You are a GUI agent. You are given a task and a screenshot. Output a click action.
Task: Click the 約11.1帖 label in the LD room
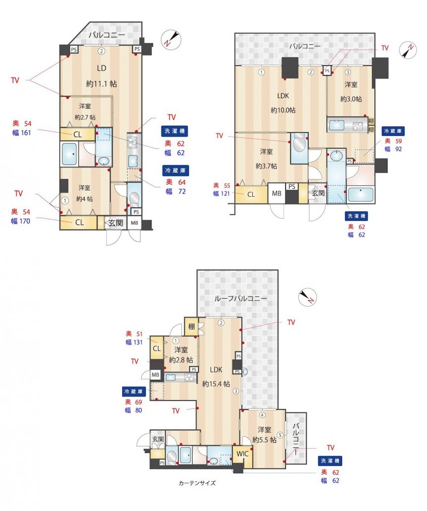101,84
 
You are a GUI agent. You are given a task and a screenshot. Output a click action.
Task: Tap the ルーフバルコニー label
240,298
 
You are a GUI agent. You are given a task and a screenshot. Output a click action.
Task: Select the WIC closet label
242,454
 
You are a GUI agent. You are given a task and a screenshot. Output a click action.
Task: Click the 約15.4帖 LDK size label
216,384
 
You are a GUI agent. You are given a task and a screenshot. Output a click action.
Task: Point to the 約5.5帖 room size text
264,439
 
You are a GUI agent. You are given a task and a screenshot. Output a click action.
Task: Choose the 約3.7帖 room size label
266,166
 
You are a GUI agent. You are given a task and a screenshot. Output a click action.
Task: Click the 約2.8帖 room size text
181,360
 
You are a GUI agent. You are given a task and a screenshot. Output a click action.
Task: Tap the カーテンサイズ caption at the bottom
197,483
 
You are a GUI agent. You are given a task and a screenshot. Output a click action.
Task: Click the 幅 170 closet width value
20,221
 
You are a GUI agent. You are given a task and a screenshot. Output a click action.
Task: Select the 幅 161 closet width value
21,133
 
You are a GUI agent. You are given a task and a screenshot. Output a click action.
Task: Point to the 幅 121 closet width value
221,193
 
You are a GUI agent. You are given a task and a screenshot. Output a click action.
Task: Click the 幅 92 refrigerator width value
393,149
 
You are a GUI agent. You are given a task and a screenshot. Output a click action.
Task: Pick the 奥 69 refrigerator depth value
134,402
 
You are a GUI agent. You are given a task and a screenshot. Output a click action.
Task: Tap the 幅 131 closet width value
134,342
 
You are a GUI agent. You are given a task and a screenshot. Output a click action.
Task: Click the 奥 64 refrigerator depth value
175,182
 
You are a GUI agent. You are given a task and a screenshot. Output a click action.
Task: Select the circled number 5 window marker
280,435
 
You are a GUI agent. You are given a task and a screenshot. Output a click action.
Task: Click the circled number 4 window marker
262,415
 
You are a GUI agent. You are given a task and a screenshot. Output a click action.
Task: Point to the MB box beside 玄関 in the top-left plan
135,223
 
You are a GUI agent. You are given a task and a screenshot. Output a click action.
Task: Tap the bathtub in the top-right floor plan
360,194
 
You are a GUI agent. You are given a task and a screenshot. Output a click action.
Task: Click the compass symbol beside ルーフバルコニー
307,298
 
